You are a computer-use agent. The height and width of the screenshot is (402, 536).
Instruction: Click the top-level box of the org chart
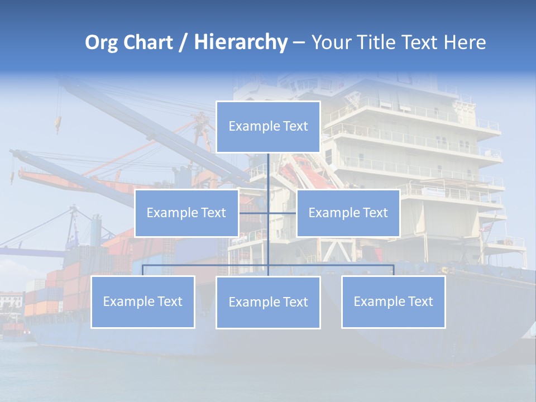[x=268, y=127]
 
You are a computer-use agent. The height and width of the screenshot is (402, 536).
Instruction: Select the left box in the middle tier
[x=186, y=213]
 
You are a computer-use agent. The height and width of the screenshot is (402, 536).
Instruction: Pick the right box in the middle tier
[x=348, y=213]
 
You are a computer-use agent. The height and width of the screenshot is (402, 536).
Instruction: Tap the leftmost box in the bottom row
[x=143, y=302]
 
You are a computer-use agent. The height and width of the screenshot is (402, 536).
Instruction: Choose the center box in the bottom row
[x=268, y=303]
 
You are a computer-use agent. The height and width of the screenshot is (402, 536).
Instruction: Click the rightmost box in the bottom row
[x=393, y=302]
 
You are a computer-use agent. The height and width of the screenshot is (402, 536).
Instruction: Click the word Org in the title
[x=101, y=43]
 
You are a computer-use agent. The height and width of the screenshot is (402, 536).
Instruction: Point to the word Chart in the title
[x=147, y=43]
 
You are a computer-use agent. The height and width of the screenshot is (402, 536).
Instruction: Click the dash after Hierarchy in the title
[x=299, y=43]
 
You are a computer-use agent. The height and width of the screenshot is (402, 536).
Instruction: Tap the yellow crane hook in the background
[x=57, y=124]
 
